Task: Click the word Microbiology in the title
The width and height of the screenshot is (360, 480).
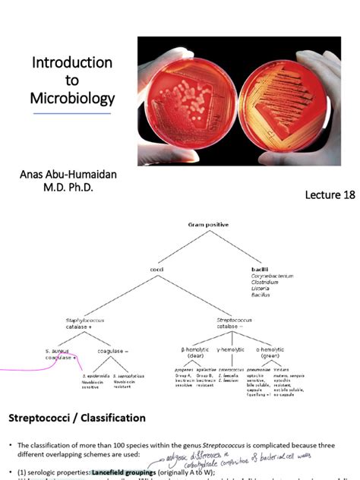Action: pyautogui.click(x=73, y=99)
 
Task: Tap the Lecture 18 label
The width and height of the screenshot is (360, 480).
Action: pyautogui.click(x=330, y=195)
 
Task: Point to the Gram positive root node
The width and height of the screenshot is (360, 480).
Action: pyautogui.click(x=208, y=224)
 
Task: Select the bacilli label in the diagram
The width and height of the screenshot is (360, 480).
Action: pyautogui.click(x=261, y=268)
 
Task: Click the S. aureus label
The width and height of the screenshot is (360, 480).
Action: pyautogui.click(x=57, y=351)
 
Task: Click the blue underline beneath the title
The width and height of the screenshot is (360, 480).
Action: pyautogui.click(x=73, y=114)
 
